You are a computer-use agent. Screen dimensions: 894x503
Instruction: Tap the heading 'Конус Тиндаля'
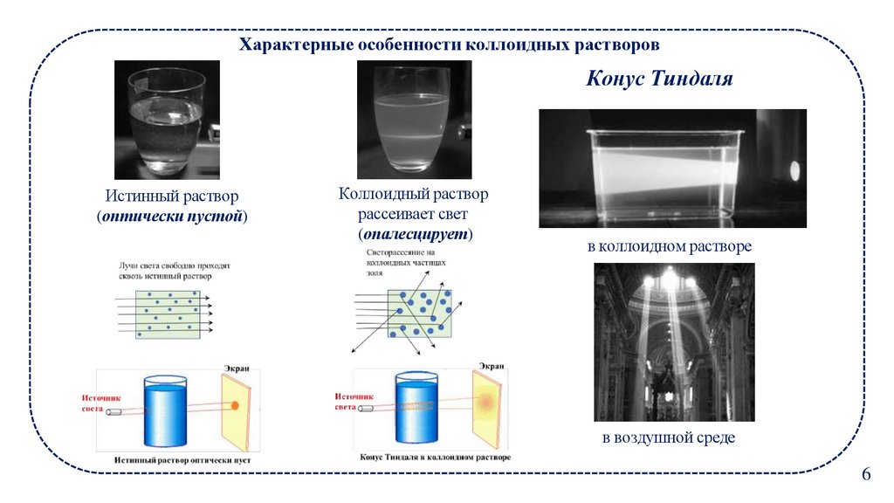click(658, 79)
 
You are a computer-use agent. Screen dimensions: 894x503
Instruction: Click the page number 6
click(866, 474)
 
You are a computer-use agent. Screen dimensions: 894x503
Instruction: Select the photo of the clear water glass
click(167, 120)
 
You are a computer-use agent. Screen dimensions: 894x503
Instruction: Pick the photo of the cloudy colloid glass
click(414, 120)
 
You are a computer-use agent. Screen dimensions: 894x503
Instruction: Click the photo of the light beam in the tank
click(672, 169)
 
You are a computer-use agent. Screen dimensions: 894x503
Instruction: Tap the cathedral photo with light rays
click(673, 342)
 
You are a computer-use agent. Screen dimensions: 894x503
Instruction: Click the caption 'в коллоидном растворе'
click(669, 247)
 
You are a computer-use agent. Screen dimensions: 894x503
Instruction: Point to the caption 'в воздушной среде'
click(668, 438)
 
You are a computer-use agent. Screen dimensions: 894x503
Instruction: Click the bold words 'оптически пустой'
click(172, 216)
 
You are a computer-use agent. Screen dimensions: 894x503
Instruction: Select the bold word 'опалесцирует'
click(414, 234)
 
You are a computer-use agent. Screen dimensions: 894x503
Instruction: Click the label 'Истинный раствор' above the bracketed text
click(172, 196)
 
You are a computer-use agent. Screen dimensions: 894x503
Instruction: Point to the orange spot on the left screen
click(234, 406)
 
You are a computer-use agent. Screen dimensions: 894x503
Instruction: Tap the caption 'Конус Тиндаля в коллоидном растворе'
click(435, 457)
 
